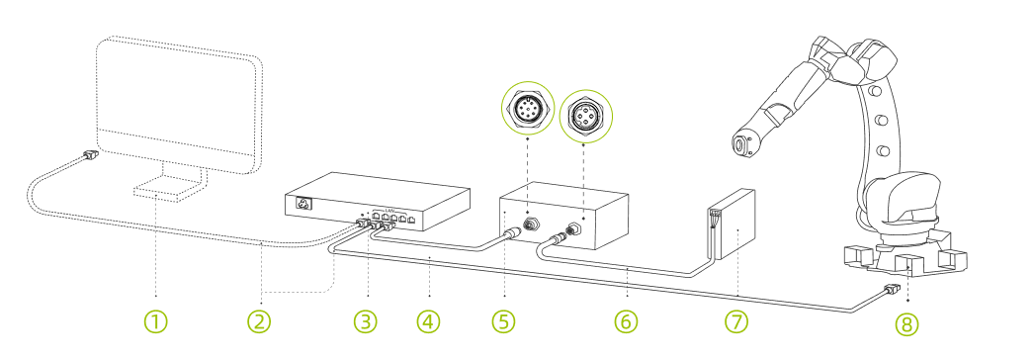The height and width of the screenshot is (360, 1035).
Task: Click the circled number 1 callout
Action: (156, 321)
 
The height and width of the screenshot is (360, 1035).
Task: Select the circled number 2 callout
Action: (259, 321)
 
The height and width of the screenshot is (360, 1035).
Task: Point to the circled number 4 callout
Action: (428, 321)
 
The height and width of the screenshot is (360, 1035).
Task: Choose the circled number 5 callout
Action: (503, 321)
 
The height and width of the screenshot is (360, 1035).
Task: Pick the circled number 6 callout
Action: (626, 321)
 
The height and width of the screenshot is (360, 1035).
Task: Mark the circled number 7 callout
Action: (736, 321)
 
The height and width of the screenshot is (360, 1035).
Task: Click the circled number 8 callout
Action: (906, 323)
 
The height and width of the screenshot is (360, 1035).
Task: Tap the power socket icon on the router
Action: (304, 204)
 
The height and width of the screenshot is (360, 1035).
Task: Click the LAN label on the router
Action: (388, 209)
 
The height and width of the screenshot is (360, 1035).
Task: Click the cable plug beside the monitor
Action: (90, 155)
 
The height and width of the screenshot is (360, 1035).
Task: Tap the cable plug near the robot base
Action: (891, 289)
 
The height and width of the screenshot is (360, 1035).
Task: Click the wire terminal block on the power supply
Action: (714, 218)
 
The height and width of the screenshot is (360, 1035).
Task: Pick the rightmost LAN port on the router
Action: (412, 219)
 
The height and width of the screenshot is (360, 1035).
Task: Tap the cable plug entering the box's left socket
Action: (514, 233)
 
